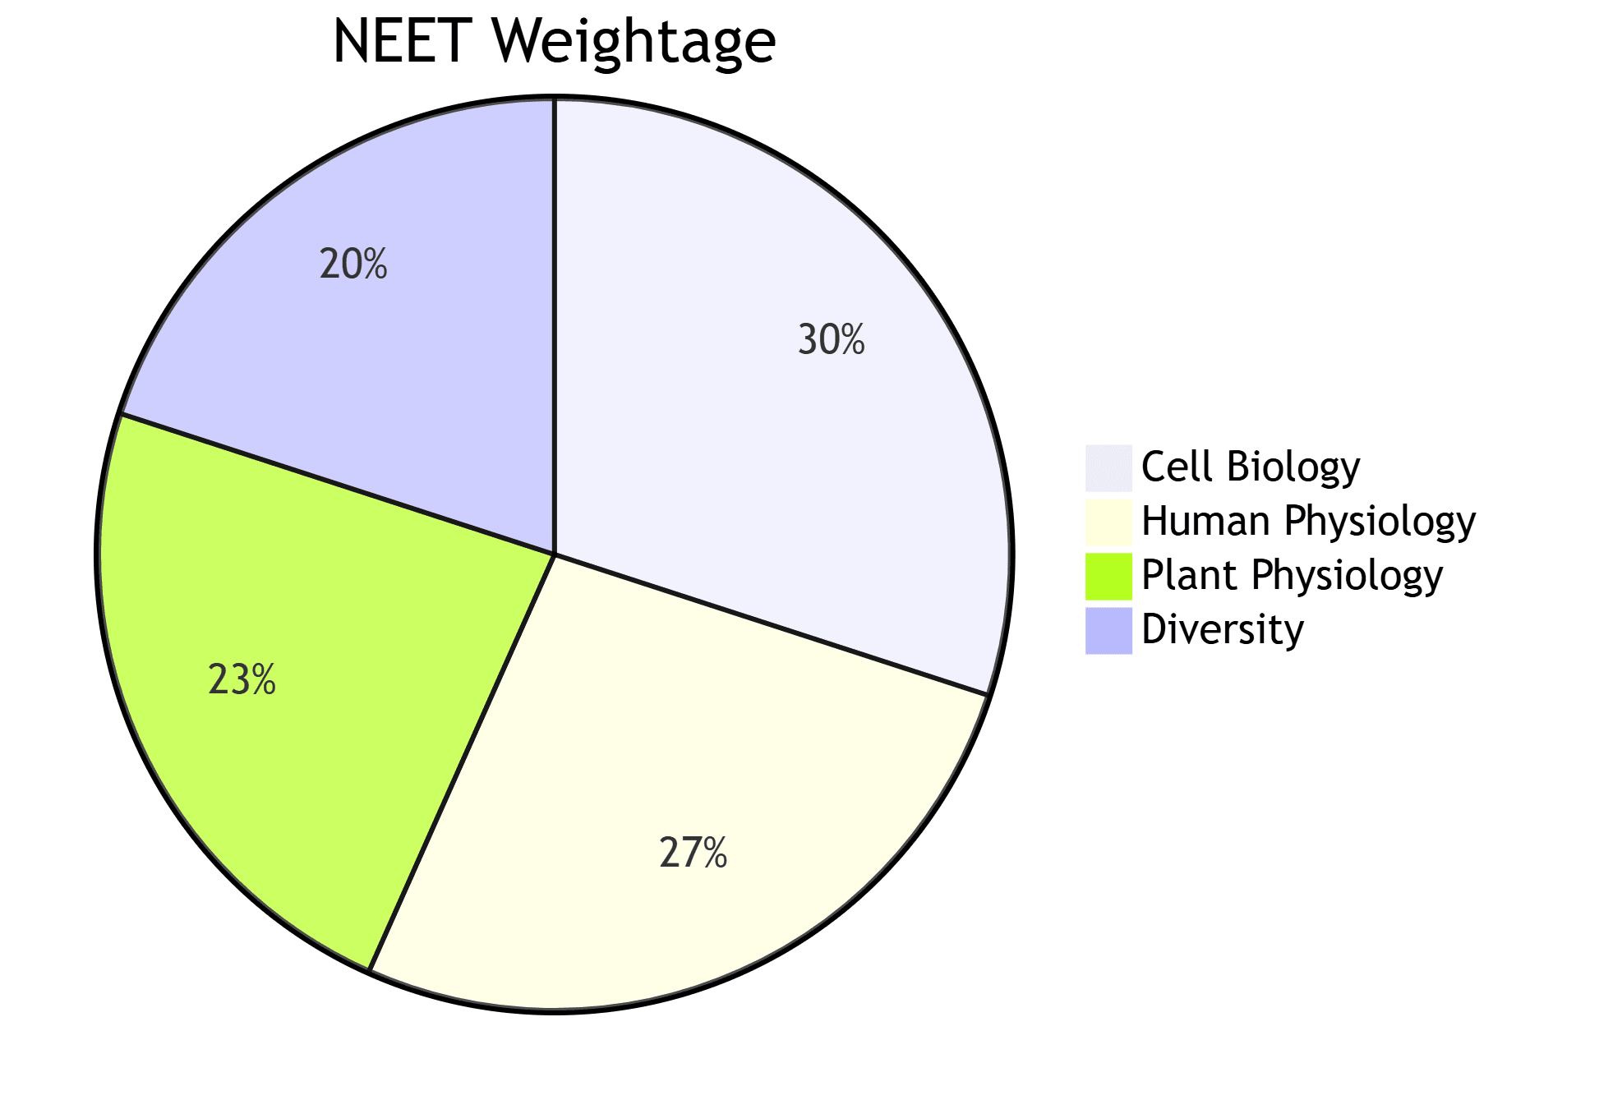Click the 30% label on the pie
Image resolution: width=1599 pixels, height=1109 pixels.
click(831, 339)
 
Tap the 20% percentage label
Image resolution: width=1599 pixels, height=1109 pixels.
click(353, 265)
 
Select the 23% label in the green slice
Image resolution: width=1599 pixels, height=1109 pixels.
click(242, 680)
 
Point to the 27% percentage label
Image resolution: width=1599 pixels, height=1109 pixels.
click(693, 853)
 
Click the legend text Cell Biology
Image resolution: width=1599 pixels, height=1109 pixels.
click(1250, 467)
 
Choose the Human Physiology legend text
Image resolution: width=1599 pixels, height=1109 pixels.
click(1308, 522)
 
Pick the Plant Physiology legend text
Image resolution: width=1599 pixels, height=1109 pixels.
click(1292, 576)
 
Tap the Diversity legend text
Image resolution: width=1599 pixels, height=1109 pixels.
click(1222, 630)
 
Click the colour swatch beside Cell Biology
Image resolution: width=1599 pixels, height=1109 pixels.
click(1108, 467)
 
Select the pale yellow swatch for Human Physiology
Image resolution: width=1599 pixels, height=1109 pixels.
click(1108, 522)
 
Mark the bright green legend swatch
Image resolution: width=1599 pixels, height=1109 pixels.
click(1108, 576)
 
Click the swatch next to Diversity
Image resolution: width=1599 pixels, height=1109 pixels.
click(1108, 630)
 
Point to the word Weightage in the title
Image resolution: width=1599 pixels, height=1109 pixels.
click(634, 43)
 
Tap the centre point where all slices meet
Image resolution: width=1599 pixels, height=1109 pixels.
click(555, 554)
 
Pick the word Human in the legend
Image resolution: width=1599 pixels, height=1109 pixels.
click(1205, 522)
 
